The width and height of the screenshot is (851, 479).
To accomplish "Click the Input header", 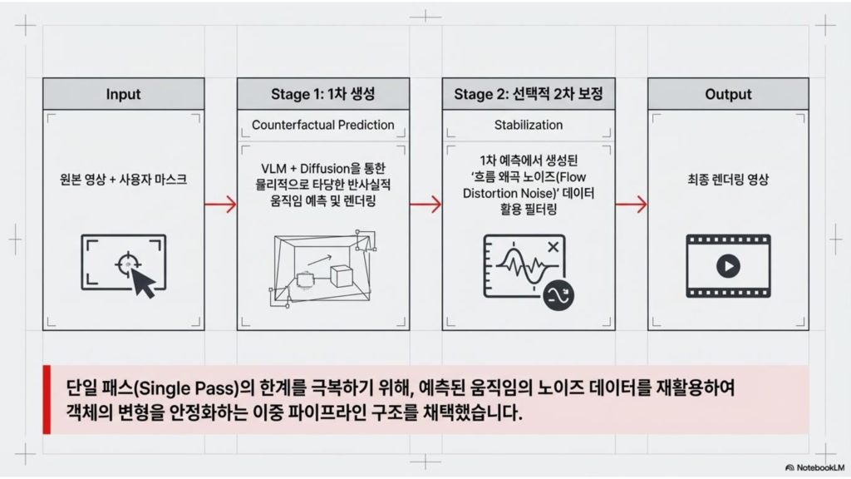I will coord(123,94).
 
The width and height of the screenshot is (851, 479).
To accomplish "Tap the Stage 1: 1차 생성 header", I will coord(323,94).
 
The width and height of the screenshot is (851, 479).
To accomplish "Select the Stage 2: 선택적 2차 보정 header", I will coord(529,94).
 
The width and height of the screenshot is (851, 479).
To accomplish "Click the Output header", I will coord(728,94).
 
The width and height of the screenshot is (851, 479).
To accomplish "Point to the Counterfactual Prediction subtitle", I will coord(323,125).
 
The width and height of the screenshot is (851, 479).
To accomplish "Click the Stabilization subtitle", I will coord(529,125).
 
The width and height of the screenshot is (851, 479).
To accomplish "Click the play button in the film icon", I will coord(727,266).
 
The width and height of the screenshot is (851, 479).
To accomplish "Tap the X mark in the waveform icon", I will coord(553,246).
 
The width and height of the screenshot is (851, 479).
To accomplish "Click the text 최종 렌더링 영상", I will coord(728,179).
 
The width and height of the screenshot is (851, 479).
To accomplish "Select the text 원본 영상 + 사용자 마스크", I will coord(123,179).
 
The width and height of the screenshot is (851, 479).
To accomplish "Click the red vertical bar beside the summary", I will coord(47,399).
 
